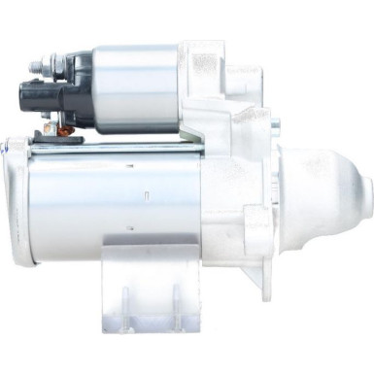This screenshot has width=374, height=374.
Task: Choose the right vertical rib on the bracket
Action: tap(176, 296)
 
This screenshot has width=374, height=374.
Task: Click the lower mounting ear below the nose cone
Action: tap(255, 277)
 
